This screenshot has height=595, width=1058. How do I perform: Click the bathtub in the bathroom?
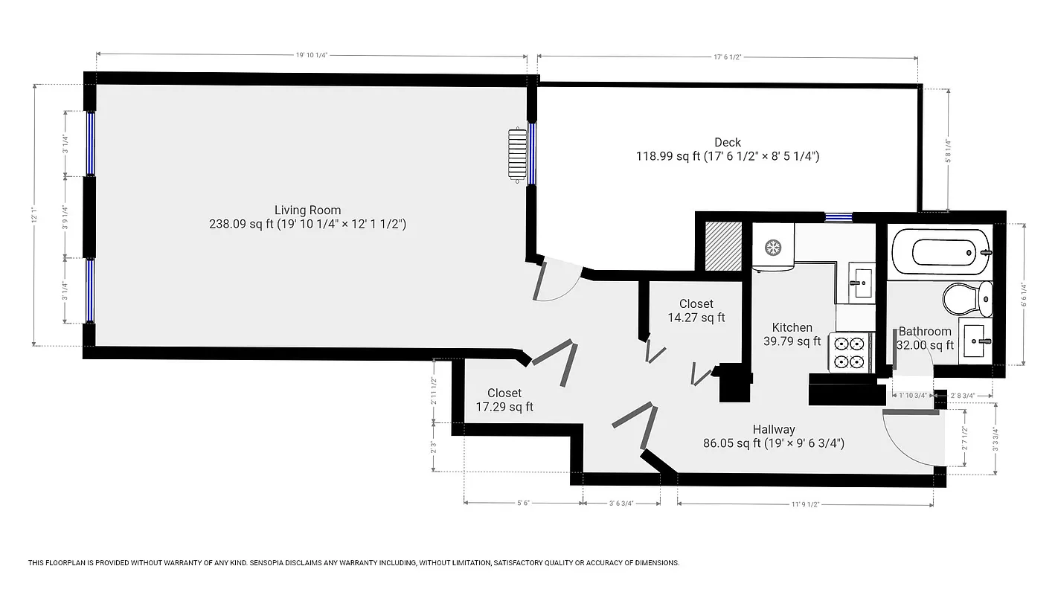pyautogui.click(x=940, y=252)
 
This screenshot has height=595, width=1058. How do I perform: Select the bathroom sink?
pyautogui.click(x=975, y=341)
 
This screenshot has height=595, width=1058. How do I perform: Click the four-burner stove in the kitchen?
pyautogui.click(x=851, y=353)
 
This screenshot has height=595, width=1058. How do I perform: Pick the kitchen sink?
pyautogui.click(x=862, y=281)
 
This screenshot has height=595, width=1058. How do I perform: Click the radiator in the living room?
pyautogui.click(x=516, y=155)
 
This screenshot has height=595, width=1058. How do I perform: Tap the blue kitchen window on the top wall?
pyautogui.click(x=838, y=217)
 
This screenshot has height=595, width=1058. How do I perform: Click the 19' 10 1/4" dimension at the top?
pyautogui.click(x=312, y=55)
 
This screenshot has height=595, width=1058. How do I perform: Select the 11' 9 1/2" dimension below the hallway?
pyautogui.click(x=804, y=504)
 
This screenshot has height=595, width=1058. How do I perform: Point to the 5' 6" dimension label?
pyautogui.click(x=524, y=504)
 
